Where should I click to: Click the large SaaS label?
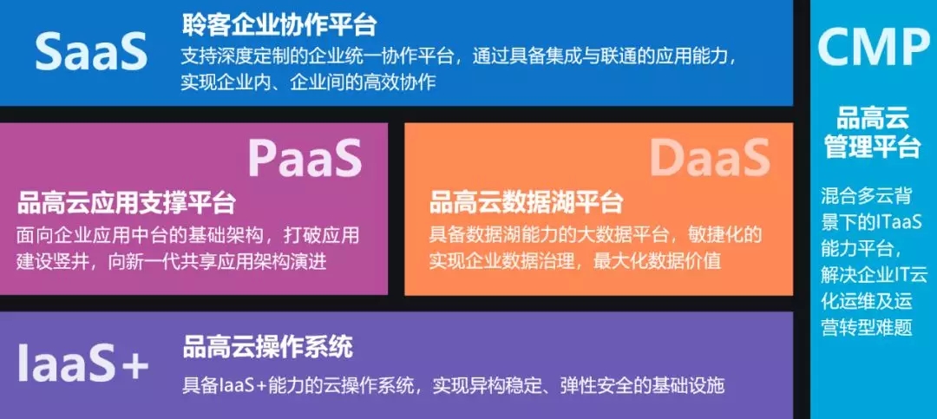[91, 51]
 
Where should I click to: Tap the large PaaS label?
[305, 157]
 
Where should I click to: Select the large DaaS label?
[710, 157]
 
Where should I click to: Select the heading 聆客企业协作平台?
[278, 24]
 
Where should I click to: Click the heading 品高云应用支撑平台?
[126, 203]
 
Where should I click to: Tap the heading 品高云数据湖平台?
[526, 203]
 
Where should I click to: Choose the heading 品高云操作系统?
[268, 346]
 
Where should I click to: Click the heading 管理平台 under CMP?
[873, 147]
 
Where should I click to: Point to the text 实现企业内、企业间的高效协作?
[308, 82]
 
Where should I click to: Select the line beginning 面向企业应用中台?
[188, 234]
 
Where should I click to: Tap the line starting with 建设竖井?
[172, 261]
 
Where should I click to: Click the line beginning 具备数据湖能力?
[596, 234]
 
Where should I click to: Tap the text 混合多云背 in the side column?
[871, 195]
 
